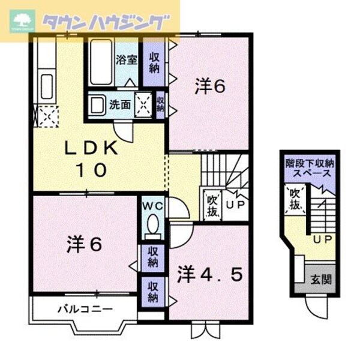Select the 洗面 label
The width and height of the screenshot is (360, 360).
[120, 104]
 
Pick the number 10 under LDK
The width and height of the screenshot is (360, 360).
[91, 170]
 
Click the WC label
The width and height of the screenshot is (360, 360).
[152, 206]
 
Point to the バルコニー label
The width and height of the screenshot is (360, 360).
[85, 310]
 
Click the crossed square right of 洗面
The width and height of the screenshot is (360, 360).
[145, 104]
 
